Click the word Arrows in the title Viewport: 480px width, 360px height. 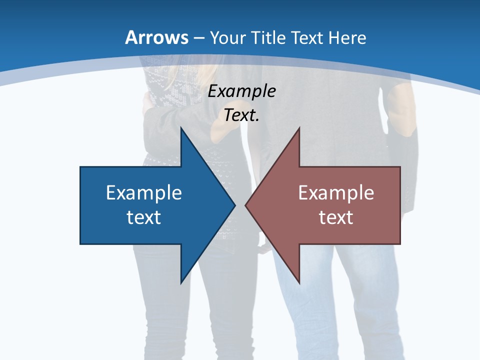pyautogui.click(x=157, y=37)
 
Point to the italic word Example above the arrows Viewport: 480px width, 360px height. pyautogui.click(x=242, y=91)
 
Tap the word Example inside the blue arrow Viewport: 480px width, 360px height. pyautogui.click(x=144, y=192)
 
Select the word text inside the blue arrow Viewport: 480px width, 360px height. pyautogui.click(x=144, y=217)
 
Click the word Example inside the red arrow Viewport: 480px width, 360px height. pyautogui.click(x=336, y=192)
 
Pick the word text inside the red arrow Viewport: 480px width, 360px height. pyautogui.click(x=336, y=217)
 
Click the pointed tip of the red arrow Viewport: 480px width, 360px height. pyautogui.click(x=246, y=205)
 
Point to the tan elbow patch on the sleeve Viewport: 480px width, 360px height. pyautogui.click(x=403, y=110)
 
